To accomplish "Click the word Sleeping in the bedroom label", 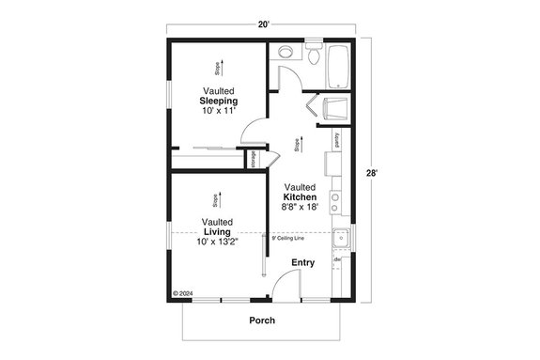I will pos(218,101).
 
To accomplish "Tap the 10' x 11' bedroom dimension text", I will pos(218,111).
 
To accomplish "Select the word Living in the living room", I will pos(218,231).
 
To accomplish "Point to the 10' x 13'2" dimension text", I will pos(218,242).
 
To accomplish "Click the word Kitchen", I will pos(306,197).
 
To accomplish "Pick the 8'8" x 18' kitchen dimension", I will pos(306,208).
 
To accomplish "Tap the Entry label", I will pos(302,262).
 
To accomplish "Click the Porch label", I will pos(262,321).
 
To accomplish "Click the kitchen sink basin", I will pos(343,238).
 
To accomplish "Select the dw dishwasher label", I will pos(336,259).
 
